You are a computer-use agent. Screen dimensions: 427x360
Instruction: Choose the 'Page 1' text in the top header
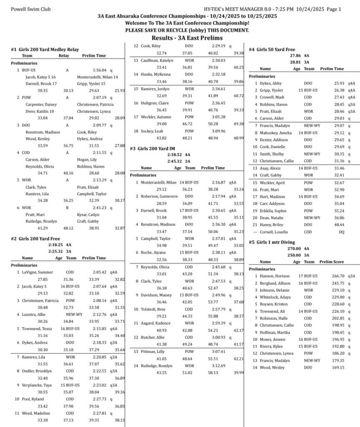[x=334, y=9]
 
